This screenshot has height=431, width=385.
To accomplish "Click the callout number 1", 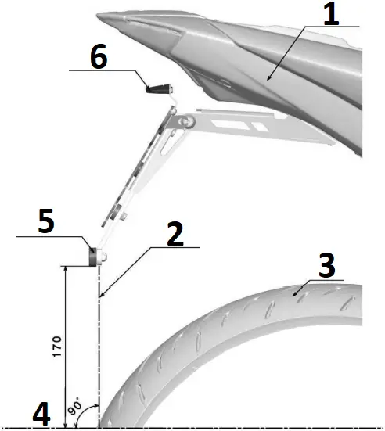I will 331,14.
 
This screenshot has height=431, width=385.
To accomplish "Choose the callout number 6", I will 100,57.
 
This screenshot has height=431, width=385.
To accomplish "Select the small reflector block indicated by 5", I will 94,257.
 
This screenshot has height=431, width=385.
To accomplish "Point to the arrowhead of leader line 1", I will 268,80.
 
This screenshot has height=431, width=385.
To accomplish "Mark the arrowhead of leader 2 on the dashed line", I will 101,296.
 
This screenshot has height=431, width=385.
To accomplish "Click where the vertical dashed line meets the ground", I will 100,427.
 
